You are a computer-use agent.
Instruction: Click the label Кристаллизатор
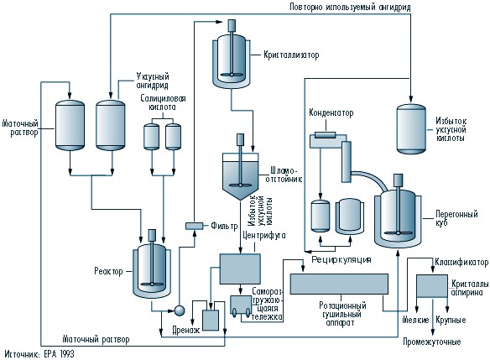[291, 55]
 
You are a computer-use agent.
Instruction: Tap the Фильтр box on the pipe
[194, 226]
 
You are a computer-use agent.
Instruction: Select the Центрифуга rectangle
[240, 269]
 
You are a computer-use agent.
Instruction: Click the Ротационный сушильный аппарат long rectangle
[339, 284]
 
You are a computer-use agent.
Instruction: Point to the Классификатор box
[432, 286]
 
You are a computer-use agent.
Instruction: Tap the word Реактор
[109, 271]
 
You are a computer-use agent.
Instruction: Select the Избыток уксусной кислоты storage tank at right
[411, 129]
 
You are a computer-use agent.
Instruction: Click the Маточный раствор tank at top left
[70, 125]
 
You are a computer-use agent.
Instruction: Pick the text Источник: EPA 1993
[39, 354]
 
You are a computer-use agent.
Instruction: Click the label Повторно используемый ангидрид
[350, 7]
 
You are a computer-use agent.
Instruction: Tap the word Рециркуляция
[341, 259]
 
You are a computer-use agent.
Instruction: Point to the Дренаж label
[186, 330]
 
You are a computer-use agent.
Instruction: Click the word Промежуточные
[431, 342]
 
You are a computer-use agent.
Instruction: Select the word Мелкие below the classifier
[415, 320]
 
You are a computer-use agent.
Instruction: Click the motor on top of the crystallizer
[232, 26]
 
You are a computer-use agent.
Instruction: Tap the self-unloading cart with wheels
[241, 305]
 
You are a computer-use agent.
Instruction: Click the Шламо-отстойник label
[284, 175]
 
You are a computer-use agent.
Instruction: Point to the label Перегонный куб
[456, 218]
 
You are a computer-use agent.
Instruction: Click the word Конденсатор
[331, 112]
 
